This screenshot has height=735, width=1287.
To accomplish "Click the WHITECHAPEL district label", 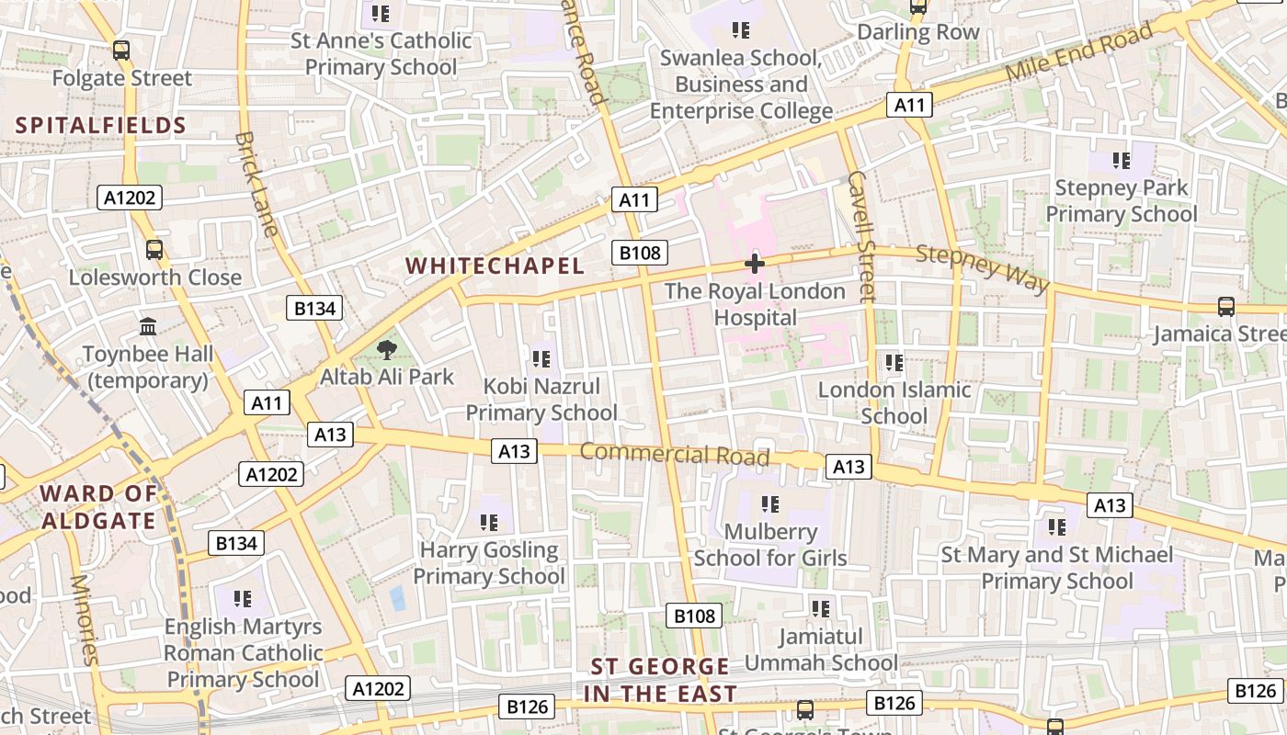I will click(495, 266).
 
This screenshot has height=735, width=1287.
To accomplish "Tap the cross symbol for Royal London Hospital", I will click(755, 265).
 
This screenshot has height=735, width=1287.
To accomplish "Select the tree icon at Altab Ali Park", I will click(387, 349).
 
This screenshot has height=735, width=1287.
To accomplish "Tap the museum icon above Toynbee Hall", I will click(148, 326).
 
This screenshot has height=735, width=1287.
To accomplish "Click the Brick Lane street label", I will click(256, 184).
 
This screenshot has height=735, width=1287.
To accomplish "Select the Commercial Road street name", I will click(674, 454).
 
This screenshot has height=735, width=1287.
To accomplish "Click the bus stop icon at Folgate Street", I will click(121, 51).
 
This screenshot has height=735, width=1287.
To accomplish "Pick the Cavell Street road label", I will click(861, 236).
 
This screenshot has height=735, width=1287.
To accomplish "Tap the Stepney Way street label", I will click(983, 269).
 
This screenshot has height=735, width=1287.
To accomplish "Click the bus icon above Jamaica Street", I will click(1225, 306).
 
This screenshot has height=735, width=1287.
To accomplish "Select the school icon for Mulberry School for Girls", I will click(770, 503).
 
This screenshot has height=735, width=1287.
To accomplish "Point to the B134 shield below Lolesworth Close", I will click(314, 309).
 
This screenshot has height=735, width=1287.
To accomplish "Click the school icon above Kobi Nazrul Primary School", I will click(541, 358).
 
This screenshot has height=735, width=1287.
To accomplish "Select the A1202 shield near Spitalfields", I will click(130, 198).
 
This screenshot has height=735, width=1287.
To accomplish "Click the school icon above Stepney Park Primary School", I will click(1121, 161).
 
